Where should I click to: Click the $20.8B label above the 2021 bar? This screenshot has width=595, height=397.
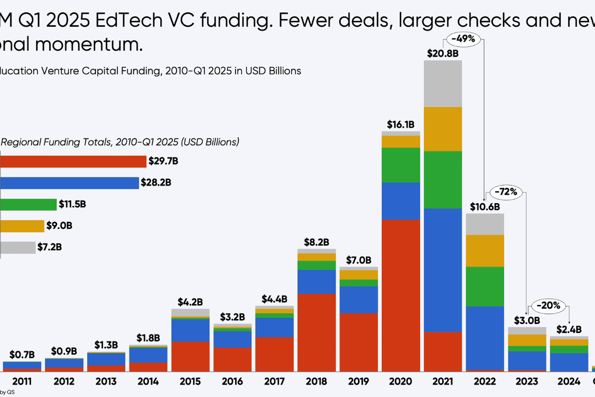pyautogui.click(x=443, y=53)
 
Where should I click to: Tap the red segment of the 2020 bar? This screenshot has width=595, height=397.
pyautogui.click(x=401, y=295)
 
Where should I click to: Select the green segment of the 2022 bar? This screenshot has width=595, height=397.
pyautogui.click(x=485, y=286)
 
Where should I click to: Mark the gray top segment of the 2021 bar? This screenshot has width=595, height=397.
pyautogui.click(x=443, y=83)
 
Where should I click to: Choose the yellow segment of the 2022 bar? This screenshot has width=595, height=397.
pyautogui.click(x=485, y=251)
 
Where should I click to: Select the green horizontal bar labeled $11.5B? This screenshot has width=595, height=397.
pyautogui.click(x=28, y=204)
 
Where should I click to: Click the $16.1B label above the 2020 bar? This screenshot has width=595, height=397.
pyautogui.click(x=401, y=124)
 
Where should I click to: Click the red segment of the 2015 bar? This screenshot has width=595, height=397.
pyautogui.click(x=190, y=356)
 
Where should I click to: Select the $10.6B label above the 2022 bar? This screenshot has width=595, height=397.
pyautogui.click(x=485, y=206)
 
